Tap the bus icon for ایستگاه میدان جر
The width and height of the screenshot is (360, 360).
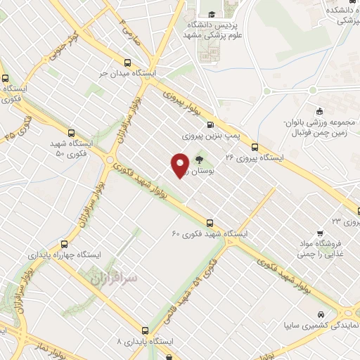tap(127, 62)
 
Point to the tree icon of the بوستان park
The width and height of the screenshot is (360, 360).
tap(198, 160)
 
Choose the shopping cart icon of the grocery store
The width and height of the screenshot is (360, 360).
tap(320, 233)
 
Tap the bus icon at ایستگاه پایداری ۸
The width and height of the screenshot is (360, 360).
tap(146, 330)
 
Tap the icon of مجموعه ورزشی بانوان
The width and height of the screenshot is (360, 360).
tap(319, 110)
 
